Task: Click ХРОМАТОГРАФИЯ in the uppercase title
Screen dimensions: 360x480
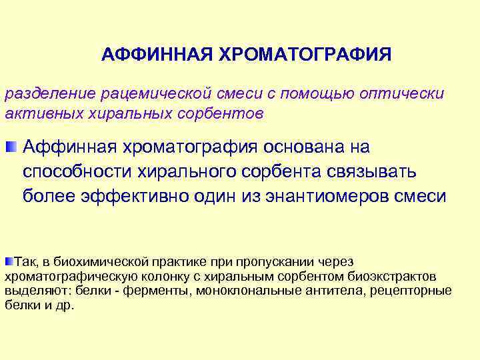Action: pyautogui.click(x=304, y=53)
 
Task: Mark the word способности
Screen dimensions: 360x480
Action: pyautogui.click(x=77, y=171)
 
